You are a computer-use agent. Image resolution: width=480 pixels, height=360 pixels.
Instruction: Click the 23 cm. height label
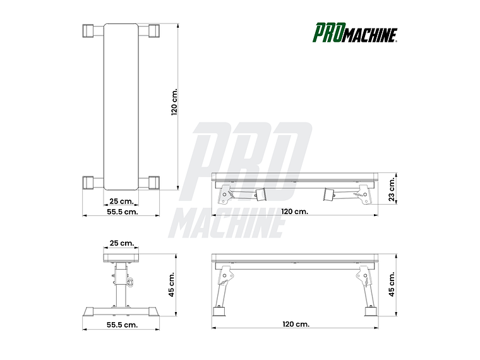[x=392, y=189]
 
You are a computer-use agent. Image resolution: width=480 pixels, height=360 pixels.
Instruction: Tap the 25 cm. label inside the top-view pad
[x=121, y=201]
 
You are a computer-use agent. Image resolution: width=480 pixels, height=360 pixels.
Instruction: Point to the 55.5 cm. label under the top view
[x=121, y=212]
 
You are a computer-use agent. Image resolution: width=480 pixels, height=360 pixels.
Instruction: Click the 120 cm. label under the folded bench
[x=294, y=212]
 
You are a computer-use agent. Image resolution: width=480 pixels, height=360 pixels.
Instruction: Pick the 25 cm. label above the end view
[x=121, y=243]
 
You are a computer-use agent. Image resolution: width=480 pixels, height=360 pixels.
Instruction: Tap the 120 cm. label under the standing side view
[x=295, y=324]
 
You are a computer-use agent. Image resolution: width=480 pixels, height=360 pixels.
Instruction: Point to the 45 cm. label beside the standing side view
[x=392, y=284]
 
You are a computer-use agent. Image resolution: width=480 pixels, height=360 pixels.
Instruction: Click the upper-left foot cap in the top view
[x=88, y=31]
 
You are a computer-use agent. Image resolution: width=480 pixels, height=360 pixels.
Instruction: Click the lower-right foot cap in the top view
[x=153, y=183]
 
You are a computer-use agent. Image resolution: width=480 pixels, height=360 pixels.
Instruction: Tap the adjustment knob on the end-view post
[x=131, y=282]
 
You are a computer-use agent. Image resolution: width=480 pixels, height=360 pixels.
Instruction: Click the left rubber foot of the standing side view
[x=221, y=311]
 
